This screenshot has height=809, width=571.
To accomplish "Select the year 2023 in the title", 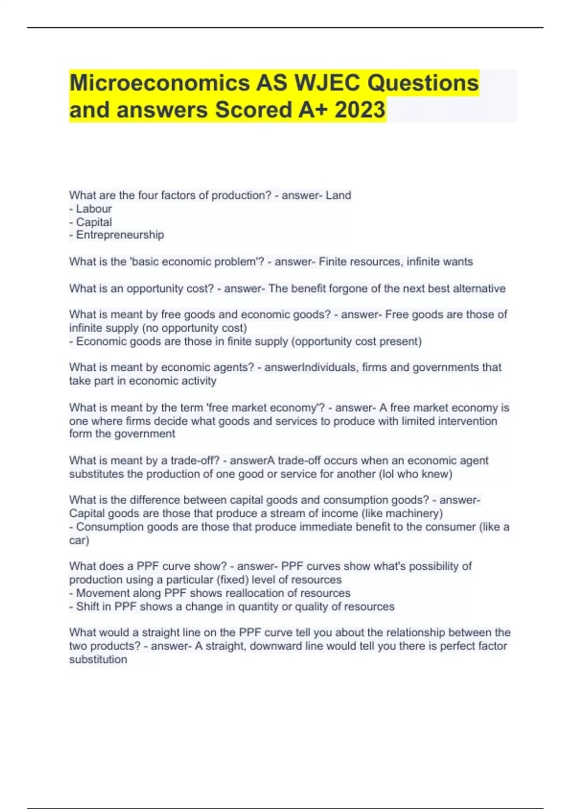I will point(360,110).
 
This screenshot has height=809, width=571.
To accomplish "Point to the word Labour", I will point(94,209).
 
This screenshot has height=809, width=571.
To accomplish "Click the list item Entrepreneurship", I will point(120,235).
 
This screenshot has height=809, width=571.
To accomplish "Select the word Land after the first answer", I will point(338,196).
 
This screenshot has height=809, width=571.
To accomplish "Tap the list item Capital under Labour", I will point(94,222).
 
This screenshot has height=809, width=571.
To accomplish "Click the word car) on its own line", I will point(79,541).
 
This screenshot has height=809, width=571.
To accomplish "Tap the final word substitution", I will point(98,660).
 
